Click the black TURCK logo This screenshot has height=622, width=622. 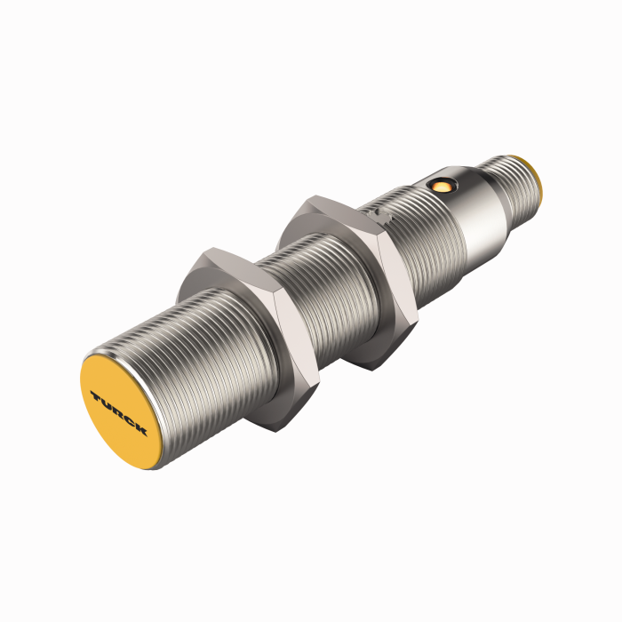coord(118,413)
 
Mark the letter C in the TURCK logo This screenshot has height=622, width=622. coord(129,421)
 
